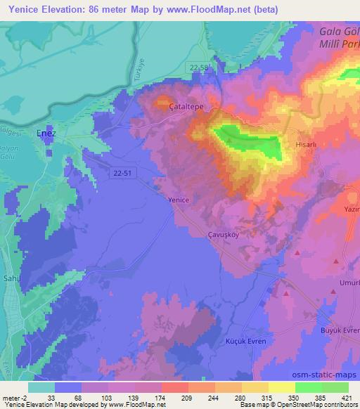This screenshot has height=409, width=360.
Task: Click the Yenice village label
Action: coord(179,200)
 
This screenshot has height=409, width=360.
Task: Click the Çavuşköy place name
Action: coord(223,235)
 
